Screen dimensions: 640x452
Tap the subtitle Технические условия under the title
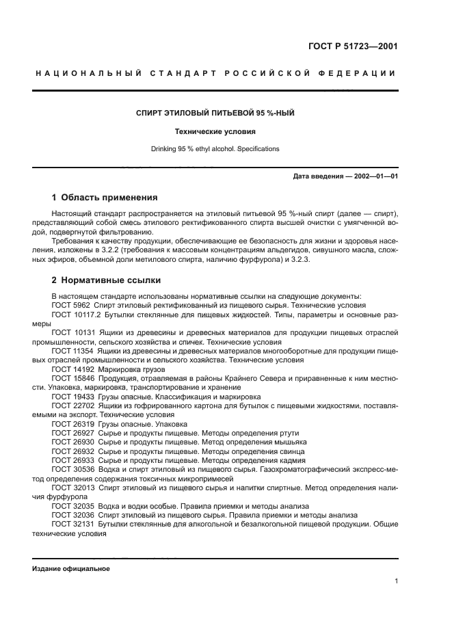click(215, 131)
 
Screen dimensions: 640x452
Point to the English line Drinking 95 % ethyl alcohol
click(215, 148)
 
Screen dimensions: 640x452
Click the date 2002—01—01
click(374, 177)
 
